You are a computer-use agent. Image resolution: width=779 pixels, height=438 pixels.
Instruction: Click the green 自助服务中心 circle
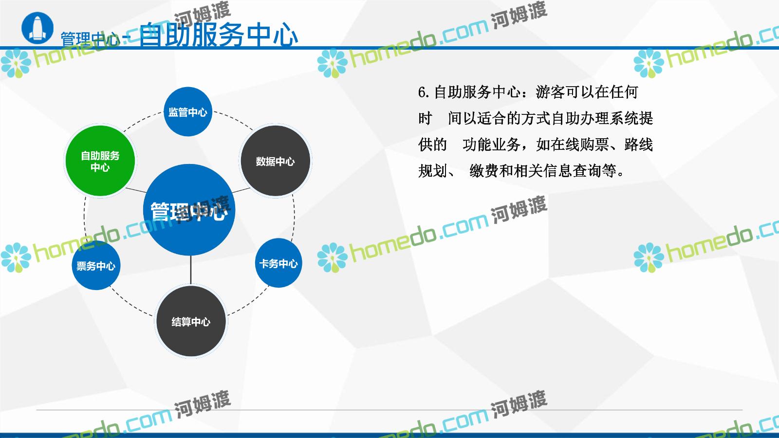100,161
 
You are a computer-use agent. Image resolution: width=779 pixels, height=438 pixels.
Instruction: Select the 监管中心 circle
188,111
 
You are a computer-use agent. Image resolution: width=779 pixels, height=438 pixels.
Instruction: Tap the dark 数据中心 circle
276,161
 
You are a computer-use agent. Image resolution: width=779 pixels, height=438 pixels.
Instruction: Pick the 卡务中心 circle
278,263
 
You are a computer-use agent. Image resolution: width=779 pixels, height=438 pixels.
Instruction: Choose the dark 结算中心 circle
191,321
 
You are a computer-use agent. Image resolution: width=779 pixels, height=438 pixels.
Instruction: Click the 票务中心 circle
96,266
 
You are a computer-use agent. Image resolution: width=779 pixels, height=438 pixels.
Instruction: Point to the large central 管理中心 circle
189,210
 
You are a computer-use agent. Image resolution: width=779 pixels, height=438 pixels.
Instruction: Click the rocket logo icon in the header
37,28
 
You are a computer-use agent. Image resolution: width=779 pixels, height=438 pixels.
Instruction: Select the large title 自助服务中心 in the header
219,35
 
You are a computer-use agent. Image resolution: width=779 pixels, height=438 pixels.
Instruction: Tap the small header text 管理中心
91,39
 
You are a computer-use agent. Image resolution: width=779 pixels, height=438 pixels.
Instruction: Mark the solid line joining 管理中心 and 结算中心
190,271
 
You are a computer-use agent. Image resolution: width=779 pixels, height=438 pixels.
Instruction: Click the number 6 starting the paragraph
422,92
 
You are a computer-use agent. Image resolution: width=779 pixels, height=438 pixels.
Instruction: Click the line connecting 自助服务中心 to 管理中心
136,190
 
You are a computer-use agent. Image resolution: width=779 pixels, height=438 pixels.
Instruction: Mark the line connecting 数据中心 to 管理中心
241,190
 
